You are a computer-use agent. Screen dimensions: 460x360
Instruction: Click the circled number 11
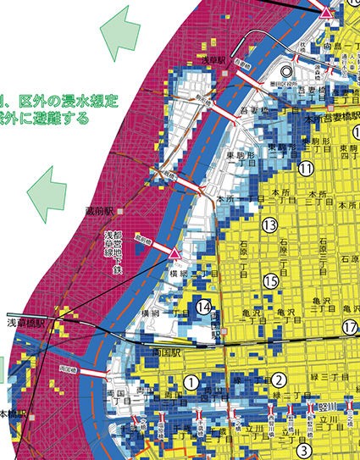(306, 169)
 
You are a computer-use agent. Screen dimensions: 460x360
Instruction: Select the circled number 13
(269, 224)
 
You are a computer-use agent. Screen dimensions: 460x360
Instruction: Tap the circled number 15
(270, 280)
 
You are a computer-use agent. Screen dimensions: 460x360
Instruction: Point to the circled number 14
(204, 308)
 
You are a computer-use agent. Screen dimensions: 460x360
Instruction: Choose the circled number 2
(280, 380)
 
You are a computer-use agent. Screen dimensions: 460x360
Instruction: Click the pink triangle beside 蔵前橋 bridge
(174, 254)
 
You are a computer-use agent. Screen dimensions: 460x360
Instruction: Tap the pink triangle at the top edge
(327, 11)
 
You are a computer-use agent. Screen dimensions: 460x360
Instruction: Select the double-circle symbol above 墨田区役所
(287, 72)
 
